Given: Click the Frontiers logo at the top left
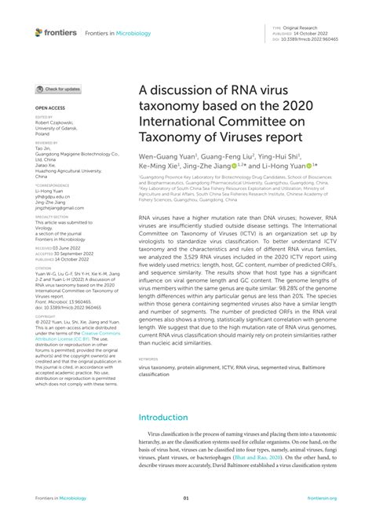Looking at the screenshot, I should point(56,32).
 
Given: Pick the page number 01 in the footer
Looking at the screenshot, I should point(186,498).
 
